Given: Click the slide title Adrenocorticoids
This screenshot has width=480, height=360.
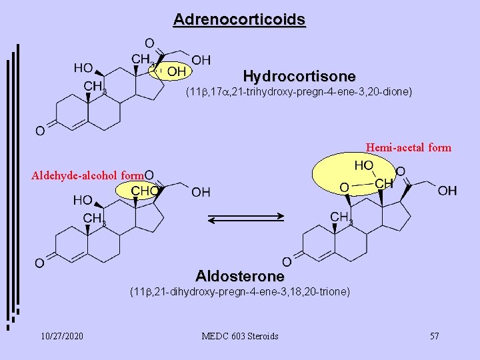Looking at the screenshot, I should (239, 19).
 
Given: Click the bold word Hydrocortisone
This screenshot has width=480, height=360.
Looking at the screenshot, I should (299, 76).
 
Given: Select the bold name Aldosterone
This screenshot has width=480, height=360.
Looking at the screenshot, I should (240, 276).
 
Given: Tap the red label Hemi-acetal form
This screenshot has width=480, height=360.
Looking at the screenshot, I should (409, 147).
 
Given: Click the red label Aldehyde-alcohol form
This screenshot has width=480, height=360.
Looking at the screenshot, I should (88, 175).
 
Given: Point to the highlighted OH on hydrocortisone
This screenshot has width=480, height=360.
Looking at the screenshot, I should (176, 71).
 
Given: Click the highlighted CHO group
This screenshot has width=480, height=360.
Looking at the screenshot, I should (143, 191).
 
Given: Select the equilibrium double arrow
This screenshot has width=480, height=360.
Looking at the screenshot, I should (247, 218).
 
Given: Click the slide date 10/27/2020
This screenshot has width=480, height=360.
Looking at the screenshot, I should (62, 336).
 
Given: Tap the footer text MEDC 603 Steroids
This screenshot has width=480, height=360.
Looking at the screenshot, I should (239, 336).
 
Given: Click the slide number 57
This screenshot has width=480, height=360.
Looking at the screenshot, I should (434, 336).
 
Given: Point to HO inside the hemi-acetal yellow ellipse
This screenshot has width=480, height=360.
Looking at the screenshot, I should (364, 165).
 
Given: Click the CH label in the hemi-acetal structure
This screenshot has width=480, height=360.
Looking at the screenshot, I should (383, 183).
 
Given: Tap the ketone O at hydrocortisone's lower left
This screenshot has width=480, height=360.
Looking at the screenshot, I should (40, 131).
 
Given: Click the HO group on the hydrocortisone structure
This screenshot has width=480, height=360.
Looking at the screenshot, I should (83, 67).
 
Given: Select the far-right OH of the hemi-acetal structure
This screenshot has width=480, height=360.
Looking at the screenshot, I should (447, 191).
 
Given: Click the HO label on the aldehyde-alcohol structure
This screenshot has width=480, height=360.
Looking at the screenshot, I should (83, 199).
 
